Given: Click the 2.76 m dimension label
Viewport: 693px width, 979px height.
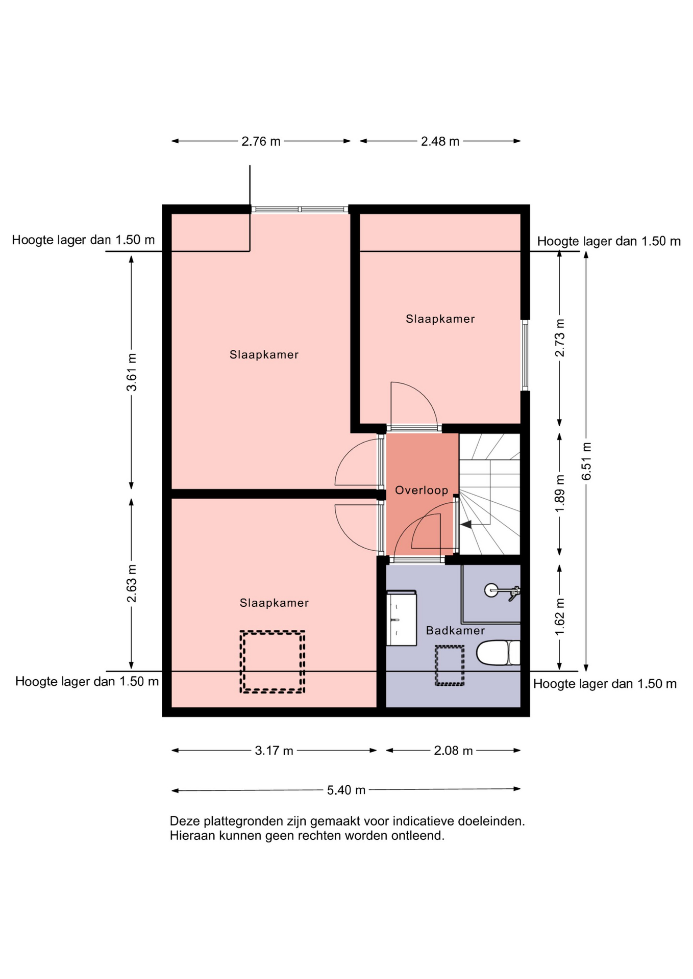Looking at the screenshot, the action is (x=261, y=141).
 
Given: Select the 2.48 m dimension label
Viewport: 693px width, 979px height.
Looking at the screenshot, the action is (x=440, y=141).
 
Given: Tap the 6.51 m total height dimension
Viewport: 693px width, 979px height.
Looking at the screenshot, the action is (x=587, y=461).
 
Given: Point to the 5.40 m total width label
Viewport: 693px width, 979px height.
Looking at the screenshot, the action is (x=346, y=790).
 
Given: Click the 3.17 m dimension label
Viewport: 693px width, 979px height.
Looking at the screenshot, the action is (x=274, y=751).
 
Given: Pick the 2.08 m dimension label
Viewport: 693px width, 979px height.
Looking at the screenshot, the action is (x=453, y=751).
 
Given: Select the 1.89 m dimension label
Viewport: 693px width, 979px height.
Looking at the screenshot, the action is (x=560, y=494).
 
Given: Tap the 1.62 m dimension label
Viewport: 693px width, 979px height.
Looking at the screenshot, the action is (x=560, y=617).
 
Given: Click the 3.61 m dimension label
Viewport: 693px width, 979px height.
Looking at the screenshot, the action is (x=132, y=372).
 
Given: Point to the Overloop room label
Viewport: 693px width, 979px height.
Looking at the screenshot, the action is (x=422, y=491).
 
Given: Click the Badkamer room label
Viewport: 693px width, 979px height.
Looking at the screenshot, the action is (x=455, y=631).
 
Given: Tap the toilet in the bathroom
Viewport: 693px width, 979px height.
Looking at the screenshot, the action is (x=498, y=653).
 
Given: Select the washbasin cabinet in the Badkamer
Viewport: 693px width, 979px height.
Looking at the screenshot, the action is (x=401, y=618).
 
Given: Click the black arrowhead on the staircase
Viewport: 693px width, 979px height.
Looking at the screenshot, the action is (x=466, y=524).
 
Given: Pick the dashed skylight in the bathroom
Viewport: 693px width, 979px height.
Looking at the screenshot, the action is (x=450, y=666).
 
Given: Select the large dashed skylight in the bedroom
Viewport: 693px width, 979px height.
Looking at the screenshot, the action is (x=273, y=662).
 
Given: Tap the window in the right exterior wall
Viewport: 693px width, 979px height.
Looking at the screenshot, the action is (x=525, y=355).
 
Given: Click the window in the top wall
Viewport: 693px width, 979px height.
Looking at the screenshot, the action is (x=300, y=209).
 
